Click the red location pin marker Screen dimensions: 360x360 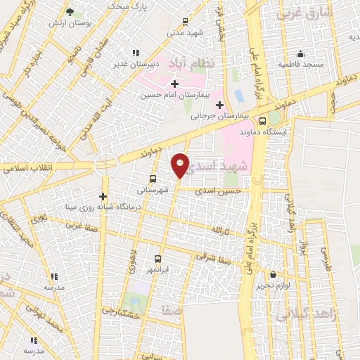coord(181,165)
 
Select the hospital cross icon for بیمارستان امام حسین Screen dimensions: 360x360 coord(174,84)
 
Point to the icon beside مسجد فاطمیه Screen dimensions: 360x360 coord(301,53)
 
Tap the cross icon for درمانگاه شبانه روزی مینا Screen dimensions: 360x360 coord(103,196)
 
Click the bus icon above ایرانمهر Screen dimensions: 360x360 coord(157,258)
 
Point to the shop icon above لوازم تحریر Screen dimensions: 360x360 coord(271,275)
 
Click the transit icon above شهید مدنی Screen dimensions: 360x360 coord(184,21)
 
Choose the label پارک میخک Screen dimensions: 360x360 coord(128,6)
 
